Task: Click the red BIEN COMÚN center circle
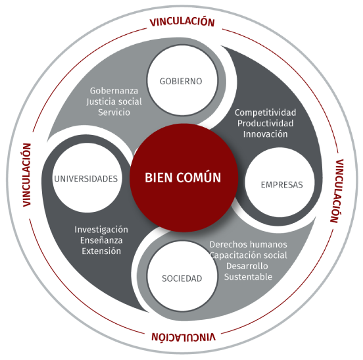click(x=184, y=178)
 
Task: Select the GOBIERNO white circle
click(x=182, y=80)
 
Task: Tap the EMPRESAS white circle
click(x=279, y=182)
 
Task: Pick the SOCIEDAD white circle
click(x=182, y=276)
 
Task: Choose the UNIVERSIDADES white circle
click(x=87, y=178)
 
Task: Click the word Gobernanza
click(x=114, y=91)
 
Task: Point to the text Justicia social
click(x=114, y=102)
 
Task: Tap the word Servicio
click(x=114, y=113)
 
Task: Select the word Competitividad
click(x=265, y=113)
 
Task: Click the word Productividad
click(x=265, y=123)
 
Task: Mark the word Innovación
click(x=265, y=134)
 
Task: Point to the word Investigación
click(x=101, y=230)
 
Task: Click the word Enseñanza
click(x=101, y=240)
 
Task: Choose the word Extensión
click(x=101, y=251)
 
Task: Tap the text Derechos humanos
click(x=248, y=244)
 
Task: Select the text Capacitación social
click(x=248, y=255)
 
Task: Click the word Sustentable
click(x=248, y=277)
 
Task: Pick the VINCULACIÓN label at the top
click(x=182, y=22)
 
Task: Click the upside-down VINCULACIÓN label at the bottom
click(x=183, y=337)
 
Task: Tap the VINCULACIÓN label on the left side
click(x=27, y=175)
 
